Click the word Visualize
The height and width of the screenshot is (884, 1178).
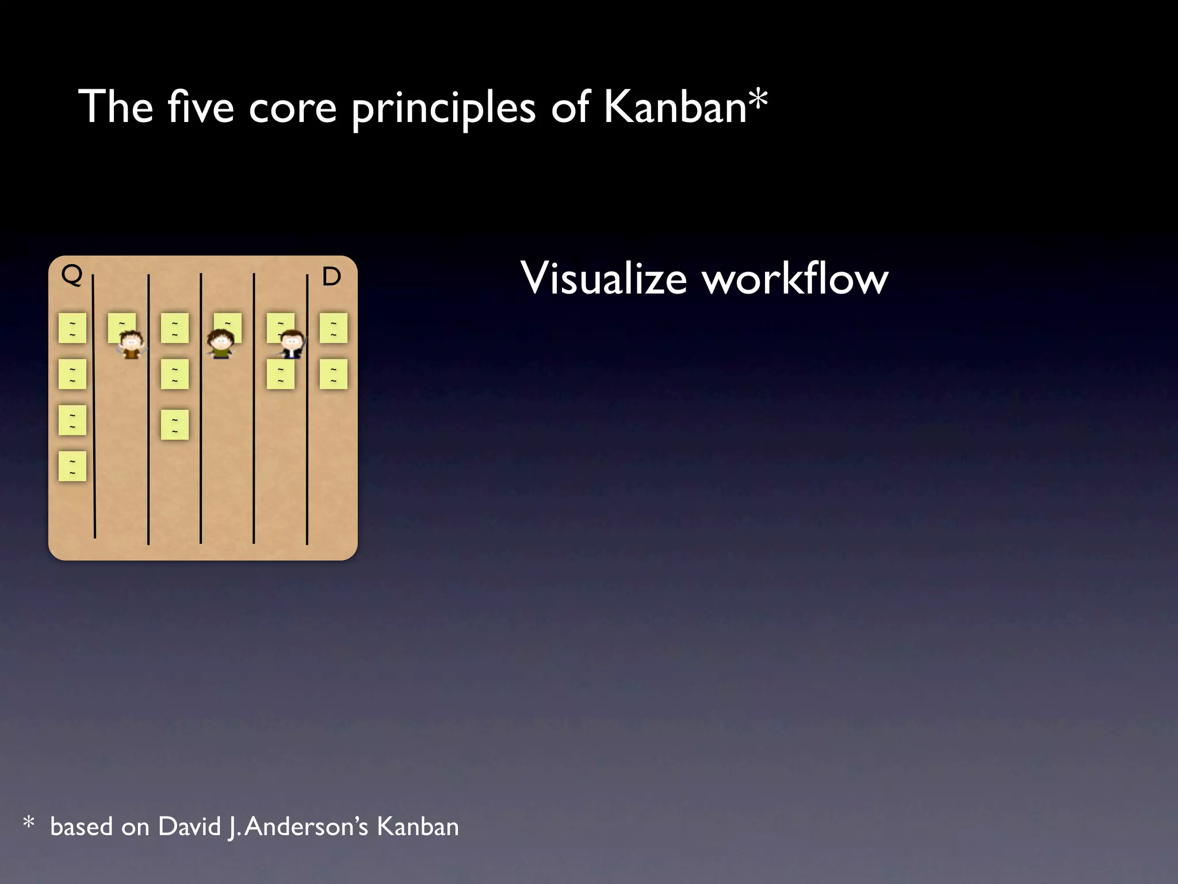click(x=603, y=279)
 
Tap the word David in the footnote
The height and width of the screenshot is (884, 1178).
click(x=190, y=827)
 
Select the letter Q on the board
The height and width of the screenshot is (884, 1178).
click(x=72, y=275)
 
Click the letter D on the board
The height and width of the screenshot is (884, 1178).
click(x=331, y=277)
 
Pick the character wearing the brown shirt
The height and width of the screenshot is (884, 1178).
click(x=131, y=345)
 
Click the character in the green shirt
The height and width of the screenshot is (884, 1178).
click(x=220, y=344)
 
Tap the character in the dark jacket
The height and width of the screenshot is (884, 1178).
click(x=292, y=344)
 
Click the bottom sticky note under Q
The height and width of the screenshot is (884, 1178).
click(x=72, y=466)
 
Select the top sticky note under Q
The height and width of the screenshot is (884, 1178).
click(x=72, y=328)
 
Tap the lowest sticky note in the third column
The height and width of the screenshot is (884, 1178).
click(x=175, y=425)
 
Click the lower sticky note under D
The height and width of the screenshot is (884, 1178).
click(x=334, y=374)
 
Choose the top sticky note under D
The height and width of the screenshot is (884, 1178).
click(x=334, y=328)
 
